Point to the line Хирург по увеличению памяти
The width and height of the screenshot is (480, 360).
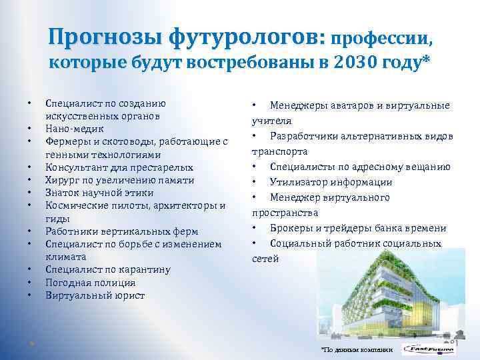pyautogui.click(x=120, y=181)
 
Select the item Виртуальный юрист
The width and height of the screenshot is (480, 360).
pyautogui.click(x=95, y=295)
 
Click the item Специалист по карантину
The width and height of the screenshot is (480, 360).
pyautogui.click(x=108, y=270)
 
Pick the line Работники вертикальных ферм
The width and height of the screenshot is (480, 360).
pyautogui.click(x=121, y=232)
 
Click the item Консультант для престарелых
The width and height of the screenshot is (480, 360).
pyautogui.click(x=119, y=168)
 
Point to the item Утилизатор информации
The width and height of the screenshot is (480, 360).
pyautogui.click(x=331, y=182)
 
